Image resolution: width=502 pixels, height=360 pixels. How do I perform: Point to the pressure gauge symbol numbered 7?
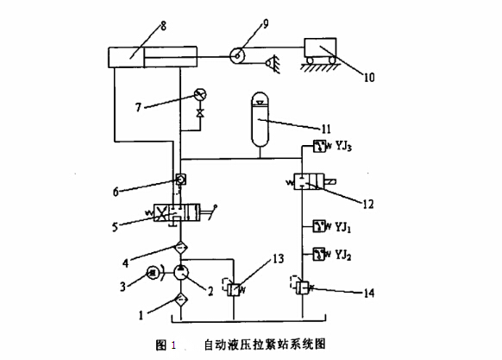tap(200, 94)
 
